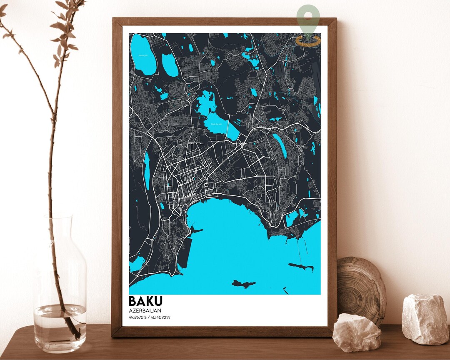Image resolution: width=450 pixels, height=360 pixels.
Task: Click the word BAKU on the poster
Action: pyautogui.click(x=145, y=301)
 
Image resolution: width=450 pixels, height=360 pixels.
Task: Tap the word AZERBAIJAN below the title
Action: pyautogui.click(x=145, y=311)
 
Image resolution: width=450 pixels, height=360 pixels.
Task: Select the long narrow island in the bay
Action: pyautogui.click(x=301, y=266)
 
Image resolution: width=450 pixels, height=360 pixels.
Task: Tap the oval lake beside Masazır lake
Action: pyautogui.click(x=170, y=65)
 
